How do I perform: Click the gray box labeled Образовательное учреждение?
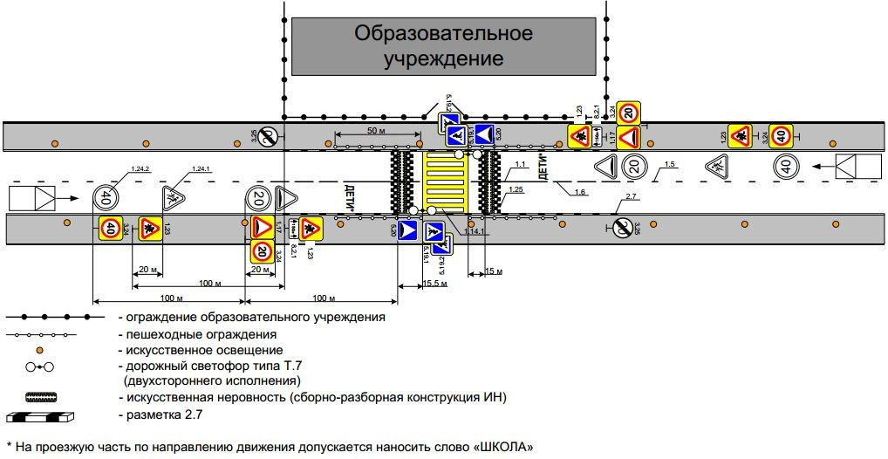(442, 46)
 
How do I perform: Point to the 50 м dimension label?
(377, 130)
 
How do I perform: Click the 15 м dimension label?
(493, 272)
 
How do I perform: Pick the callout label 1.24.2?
(140, 168)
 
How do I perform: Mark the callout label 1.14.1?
(474, 231)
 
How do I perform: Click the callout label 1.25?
(516, 188)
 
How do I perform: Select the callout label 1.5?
(669, 164)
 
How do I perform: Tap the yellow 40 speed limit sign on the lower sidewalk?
(111, 229)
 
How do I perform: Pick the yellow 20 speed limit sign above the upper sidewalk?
(631, 112)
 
